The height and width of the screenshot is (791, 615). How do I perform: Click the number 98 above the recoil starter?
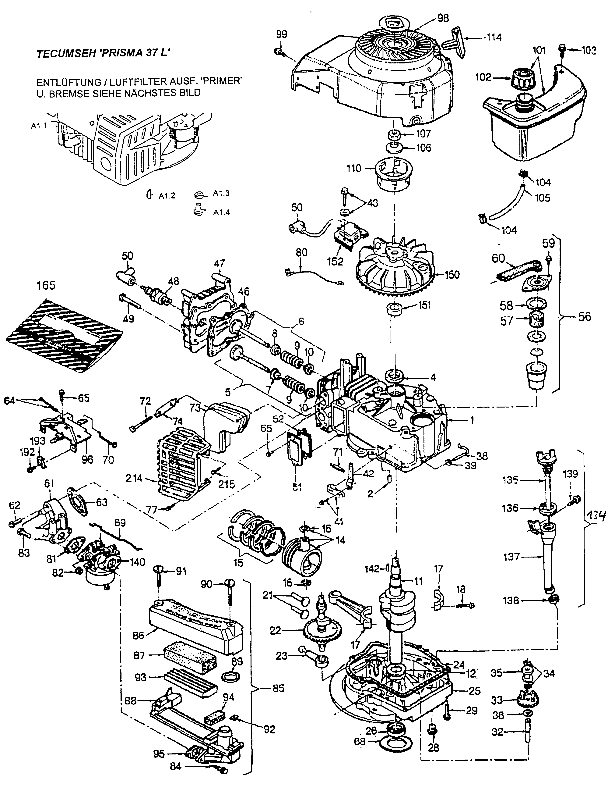[442, 18]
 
